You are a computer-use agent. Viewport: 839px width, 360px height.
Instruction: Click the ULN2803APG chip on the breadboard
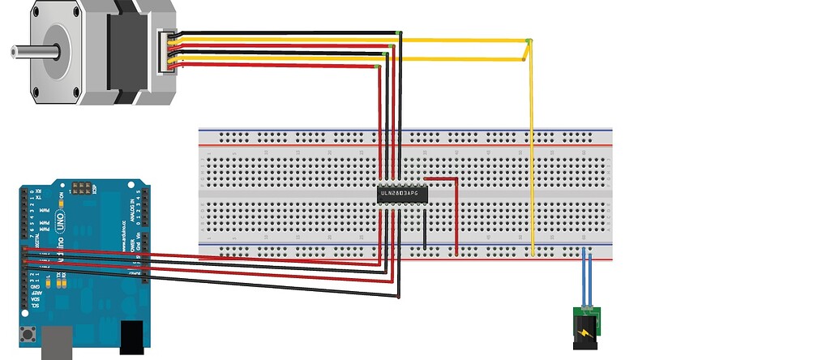click(x=401, y=194)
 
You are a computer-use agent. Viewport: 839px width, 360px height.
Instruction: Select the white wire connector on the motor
click(x=165, y=51)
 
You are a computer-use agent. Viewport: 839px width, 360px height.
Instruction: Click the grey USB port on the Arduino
click(x=57, y=341)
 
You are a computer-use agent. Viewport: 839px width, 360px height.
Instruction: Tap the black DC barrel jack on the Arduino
click(x=131, y=337)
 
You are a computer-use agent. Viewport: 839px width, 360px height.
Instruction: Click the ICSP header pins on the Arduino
click(x=81, y=189)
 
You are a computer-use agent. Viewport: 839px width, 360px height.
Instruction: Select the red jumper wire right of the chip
click(x=455, y=215)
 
